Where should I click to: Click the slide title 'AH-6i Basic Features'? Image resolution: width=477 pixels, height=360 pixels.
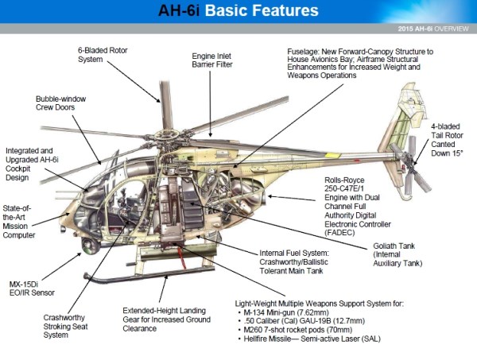click(x=238, y=11)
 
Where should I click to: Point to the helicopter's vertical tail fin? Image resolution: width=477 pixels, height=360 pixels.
click(x=402, y=127)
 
